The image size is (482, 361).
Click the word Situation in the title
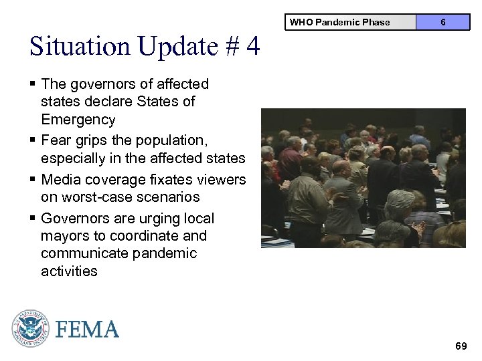click(x=80, y=47)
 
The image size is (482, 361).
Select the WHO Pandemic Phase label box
click(x=339, y=22)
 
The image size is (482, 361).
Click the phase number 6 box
click(x=443, y=22)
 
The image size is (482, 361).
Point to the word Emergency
click(x=78, y=120)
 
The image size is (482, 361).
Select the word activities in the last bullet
click(x=69, y=271)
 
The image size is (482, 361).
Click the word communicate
click(x=86, y=253)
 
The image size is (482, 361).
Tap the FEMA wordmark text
click(x=88, y=329)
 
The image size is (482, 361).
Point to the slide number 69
click(x=461, y=346)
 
